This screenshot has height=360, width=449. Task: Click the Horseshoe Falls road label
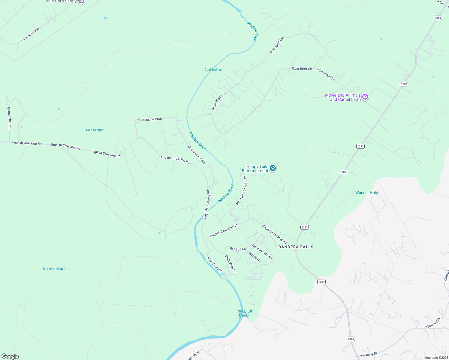point(31,34)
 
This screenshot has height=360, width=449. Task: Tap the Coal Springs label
point(213,70)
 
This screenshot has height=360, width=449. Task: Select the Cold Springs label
point(95,130)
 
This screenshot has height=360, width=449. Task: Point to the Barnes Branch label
point(56,268)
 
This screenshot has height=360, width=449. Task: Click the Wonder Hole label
point(366,193)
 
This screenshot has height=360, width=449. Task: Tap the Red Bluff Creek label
point(244,313)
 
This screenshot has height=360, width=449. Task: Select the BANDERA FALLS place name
point(296,247)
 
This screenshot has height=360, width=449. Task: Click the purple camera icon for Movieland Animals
point(365,97)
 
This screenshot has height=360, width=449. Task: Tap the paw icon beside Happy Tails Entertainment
point(273,168)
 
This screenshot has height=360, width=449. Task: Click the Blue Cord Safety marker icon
point(81,1)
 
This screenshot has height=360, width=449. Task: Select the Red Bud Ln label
point(237,249)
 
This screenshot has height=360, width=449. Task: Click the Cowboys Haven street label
point(262,251)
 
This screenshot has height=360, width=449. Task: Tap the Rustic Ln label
point(255,256)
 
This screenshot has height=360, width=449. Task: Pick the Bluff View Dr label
point(230,264)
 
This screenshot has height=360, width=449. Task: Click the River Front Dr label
point(215,264)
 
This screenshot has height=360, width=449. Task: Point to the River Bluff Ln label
point(326,75)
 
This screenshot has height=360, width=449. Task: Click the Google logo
point(10,356)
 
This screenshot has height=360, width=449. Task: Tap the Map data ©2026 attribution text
point(436,358)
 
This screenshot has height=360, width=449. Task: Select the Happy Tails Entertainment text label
point(255,169)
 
